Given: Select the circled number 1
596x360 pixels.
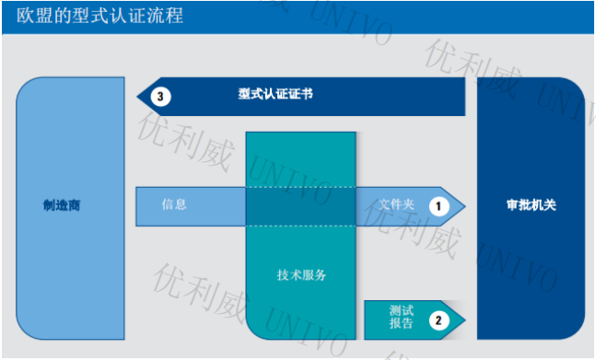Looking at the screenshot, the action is [x=438, y=205].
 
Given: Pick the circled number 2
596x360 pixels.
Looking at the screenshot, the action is [x=438, y=320].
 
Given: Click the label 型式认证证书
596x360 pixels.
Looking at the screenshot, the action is [x=275, y=95].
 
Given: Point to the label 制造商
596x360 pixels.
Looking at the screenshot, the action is [x=62, y=205].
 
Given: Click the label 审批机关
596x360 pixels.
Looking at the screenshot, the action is [x=532, y=205].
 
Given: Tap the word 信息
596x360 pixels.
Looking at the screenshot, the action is [x=174, y=204].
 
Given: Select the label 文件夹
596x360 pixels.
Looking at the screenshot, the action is [x=396, y=204].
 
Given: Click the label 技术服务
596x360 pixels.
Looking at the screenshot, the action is [x=301, y=274].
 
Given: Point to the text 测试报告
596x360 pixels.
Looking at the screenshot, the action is [x=401, y=317].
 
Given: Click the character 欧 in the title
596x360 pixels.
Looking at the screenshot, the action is [x=23, y=16].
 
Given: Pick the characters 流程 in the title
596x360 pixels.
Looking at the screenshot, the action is [x=162, y=16].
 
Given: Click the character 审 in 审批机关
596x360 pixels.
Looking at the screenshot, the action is [x=513, y=205].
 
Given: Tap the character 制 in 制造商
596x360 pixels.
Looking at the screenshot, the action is [x=48, y=205].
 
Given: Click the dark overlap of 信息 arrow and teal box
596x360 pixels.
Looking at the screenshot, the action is [x=300, y=206].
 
